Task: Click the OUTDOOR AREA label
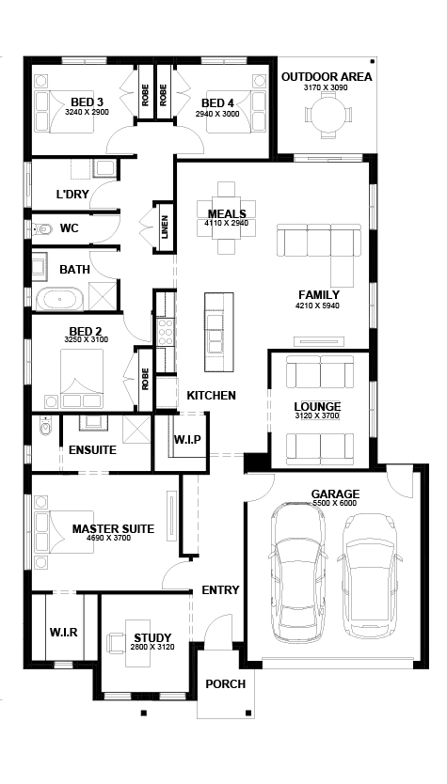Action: click(327, 77)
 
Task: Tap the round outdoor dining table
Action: click(327, 114)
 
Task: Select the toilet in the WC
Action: click(43, 230)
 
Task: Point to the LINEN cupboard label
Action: click(164, 227)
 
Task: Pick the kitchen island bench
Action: click(218, 332)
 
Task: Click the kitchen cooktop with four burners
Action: click(166, 332)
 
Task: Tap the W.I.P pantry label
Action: click(187, 440)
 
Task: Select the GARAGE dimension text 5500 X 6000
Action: click(335, 503)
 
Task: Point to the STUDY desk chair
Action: click(116, 642)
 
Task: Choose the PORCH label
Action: click(226, 683)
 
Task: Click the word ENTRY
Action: click(220, 590)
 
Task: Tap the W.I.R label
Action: click(64, 632)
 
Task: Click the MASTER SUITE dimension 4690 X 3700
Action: click(108, 538)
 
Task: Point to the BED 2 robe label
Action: click(145, 379)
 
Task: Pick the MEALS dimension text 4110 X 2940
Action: click(226, 223)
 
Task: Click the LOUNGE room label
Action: click(317, 406)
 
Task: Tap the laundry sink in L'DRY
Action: click(104, 168)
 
